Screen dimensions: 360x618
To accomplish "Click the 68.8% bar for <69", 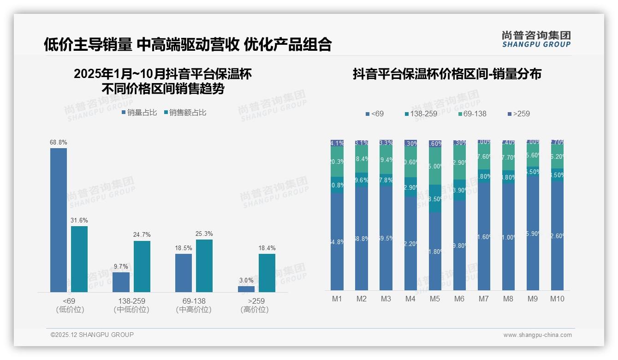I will point(59,220).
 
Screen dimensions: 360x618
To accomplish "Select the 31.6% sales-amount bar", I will point(79,259).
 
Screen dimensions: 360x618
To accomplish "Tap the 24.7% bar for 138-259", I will point(142,266).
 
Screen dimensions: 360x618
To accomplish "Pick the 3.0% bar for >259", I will point(246,289).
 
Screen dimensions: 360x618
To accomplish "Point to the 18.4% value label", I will point(267,248).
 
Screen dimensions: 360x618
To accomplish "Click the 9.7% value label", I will point(121,266).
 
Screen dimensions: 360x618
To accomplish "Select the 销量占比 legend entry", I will point(139,112).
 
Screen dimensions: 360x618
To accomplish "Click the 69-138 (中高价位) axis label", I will point(194,305).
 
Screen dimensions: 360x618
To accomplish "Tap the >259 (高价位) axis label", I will point(255,305).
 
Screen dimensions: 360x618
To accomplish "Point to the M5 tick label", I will point(435,299).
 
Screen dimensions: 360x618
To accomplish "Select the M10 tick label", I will point(557,299).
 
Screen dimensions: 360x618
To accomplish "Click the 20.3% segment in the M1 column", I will point(337,162).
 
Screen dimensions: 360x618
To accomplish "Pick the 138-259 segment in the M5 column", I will point(435,198).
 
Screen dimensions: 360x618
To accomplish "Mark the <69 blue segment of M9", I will point(533,233).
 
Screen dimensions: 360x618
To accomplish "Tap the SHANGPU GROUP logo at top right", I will point(536,39).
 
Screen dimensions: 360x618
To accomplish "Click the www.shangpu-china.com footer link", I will point(537,335).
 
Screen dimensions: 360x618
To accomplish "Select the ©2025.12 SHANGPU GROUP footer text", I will point(92,335).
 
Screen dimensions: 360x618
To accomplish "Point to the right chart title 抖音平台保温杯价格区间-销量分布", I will point(447,74).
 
